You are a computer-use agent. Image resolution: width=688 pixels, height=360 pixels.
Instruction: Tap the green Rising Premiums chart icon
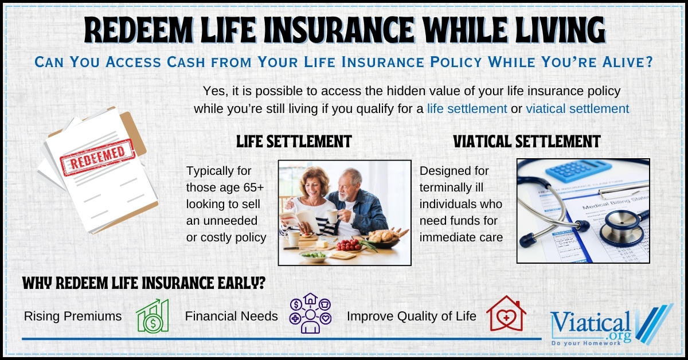(x=153, y=316)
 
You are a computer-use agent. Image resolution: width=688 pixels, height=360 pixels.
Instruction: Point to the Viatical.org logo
(x=608, y=325)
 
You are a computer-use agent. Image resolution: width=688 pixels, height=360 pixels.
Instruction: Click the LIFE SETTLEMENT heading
(x=294, y=142)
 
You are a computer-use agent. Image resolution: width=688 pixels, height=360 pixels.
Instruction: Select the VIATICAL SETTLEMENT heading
(x=526, y=142)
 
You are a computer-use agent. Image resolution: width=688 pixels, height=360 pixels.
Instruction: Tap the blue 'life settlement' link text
(x=467, y=108)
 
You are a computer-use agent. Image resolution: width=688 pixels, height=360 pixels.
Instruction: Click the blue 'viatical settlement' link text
(x=577, y=108)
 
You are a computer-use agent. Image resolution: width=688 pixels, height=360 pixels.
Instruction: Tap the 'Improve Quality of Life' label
(x=411, y=316)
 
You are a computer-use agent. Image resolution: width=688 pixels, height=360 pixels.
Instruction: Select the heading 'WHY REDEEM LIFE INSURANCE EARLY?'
(x=143, y=284)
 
